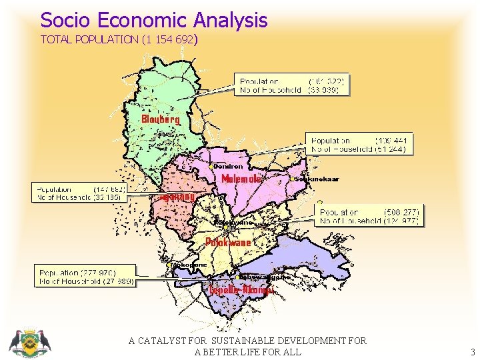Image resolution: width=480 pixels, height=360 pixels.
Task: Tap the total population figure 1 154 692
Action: tap(167, 39)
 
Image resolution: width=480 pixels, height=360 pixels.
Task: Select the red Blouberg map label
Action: tap(160, 119)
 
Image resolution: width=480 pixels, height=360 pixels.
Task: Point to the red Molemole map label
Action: tap(244, 179)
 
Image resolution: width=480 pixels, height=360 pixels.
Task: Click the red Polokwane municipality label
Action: tap(228, 242)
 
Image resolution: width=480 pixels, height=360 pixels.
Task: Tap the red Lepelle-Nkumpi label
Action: tap(241, 290)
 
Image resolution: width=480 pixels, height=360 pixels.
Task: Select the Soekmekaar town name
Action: tap(312, 180)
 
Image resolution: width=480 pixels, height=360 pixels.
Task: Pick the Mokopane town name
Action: tap(189, 265)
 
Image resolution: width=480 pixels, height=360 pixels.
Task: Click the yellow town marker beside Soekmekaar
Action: tap(293, 180)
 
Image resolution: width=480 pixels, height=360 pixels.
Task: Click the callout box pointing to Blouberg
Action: tap(293, 85)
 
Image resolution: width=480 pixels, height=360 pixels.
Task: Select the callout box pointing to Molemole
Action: tap(359, 145)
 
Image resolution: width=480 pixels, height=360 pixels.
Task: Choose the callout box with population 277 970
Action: tap(85, 277)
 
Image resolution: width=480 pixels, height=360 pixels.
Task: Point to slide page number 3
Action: tap(472, 352)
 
